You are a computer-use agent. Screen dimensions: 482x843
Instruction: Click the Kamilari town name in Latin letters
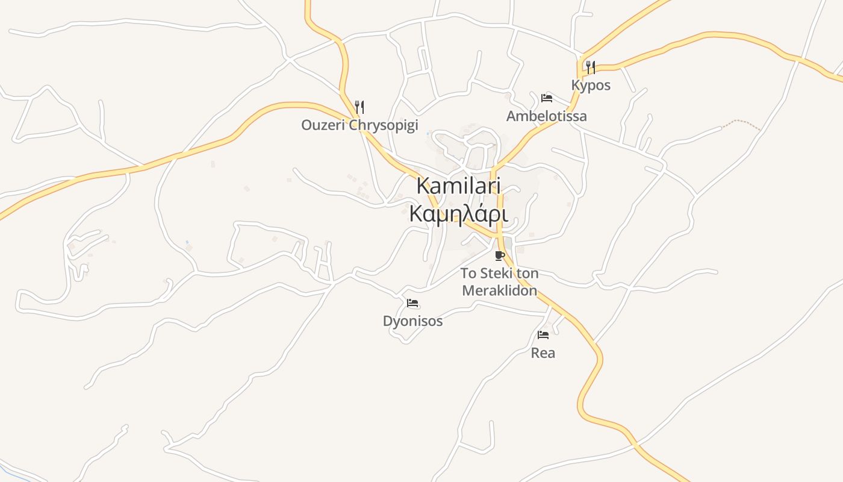tap(459, 186)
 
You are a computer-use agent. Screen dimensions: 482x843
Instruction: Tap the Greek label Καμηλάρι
tap(459, 214)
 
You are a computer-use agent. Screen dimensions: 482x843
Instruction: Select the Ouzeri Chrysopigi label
tap(359, 125)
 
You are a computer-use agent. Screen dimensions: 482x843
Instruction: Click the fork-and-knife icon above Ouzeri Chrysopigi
tap(359, 107)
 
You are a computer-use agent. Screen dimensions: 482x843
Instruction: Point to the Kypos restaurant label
tap(591, 86)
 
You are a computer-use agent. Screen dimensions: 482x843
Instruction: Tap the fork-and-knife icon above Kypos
tap(591, 67)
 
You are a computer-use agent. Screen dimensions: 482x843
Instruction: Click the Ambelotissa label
tap(546, 116)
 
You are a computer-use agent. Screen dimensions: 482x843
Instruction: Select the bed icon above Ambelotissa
tap(547, 98)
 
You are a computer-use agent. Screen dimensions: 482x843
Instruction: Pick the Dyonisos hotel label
tap(412, 321)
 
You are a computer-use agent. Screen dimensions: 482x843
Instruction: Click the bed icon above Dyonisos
tap(412, 303)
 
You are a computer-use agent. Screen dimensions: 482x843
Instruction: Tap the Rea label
tap(543, 353)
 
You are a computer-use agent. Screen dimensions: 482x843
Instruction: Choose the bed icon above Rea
tap(543, 334)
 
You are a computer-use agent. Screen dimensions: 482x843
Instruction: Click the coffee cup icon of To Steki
tap(499, 255)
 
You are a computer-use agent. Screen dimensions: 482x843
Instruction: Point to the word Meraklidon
tap(499, 290)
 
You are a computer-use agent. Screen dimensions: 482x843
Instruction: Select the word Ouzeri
tap(323, 125)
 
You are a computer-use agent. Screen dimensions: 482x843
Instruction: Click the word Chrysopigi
tap(384, 125)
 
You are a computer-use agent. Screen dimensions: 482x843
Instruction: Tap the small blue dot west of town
tap(187, 242)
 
